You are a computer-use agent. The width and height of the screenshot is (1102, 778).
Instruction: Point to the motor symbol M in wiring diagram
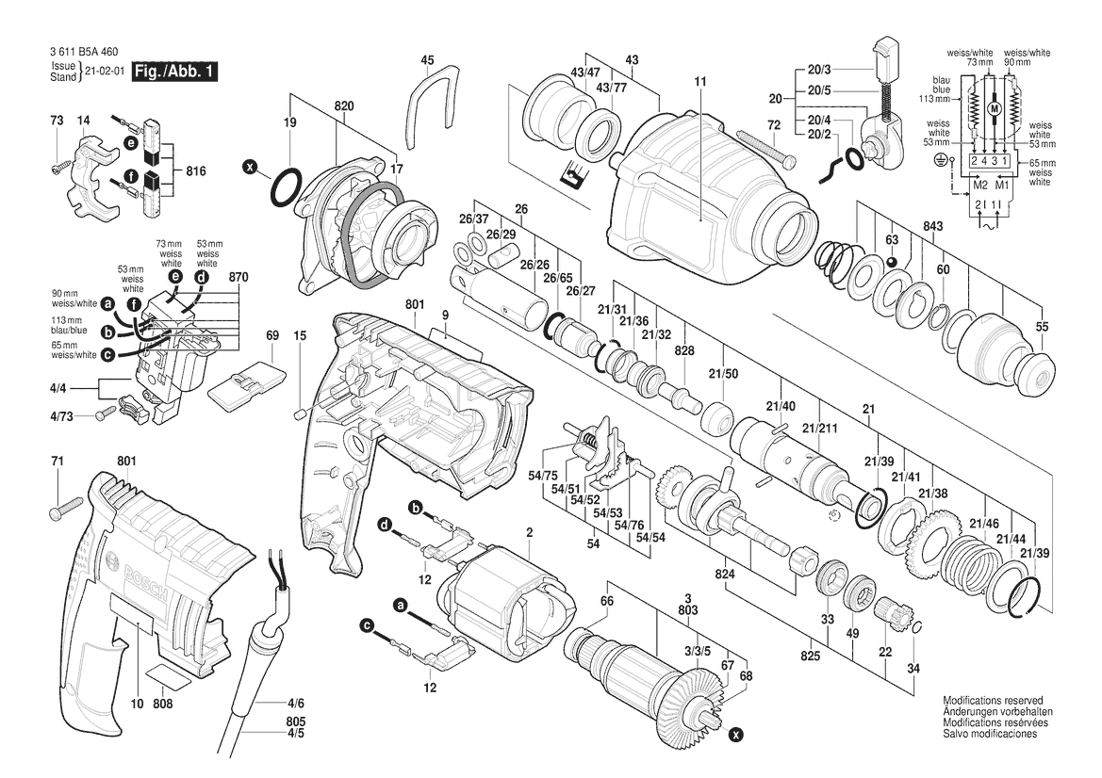tap(992, 109)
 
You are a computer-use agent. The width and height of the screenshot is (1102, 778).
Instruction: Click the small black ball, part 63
tap(892, 260)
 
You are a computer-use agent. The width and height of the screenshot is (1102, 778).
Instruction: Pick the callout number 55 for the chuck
tap(1042, 326)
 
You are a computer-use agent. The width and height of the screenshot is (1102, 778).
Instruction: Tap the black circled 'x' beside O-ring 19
tap(250, 168)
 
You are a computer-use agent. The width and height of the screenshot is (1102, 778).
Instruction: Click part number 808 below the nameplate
tap(162, 703)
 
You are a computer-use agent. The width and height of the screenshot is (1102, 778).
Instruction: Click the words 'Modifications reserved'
tap(993, 702)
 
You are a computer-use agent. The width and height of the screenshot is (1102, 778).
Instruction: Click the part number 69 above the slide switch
tap(272, 335)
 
